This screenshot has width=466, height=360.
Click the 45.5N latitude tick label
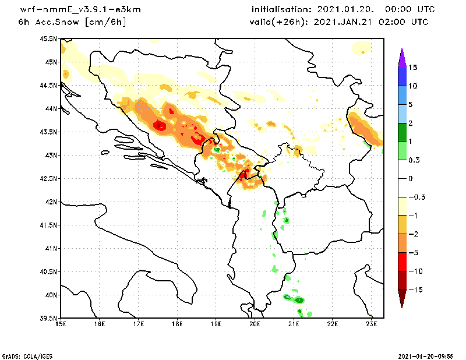pyautogui.click(x=50, y=39)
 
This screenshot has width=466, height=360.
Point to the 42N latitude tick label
pyautogui.click(x=51, y=202)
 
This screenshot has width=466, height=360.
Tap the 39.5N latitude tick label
pyautogui.click(x=50, y=319)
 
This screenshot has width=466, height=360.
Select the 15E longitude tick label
pyautogui.click(x=61, y=324)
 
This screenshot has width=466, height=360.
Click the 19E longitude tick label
pyautogui.click(x=216, y=324)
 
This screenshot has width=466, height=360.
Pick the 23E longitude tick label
pyautogui.click(x=372, y=324)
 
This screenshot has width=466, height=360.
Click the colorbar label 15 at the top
pyautogui.click(x=412, y=67)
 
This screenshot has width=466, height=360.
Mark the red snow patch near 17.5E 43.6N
pyautogui.click(x=159, y=125)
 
